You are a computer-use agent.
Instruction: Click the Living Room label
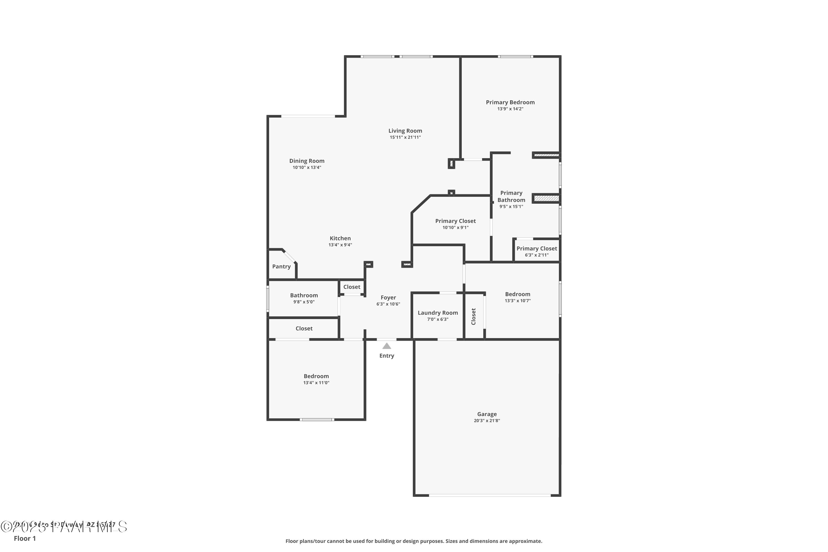[405, 131]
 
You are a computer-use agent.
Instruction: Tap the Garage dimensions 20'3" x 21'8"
[487, 421]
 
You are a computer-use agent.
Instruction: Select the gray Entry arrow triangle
[387, 346]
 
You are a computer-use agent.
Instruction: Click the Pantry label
[281, 267]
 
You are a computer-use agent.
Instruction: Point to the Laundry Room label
[437, 313]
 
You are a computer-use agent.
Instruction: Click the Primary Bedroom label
[510, 102]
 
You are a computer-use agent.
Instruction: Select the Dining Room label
[307, 161]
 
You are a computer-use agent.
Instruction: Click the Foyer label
[388, 298]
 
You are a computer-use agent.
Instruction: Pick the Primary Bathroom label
[511, 197]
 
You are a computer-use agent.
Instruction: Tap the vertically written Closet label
[474, 317]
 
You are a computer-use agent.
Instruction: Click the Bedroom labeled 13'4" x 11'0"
[316, 379]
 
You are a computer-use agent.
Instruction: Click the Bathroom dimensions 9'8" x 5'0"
[304, 302]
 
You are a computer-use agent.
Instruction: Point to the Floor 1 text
[25, 538]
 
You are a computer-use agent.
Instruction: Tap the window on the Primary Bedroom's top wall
[515, 56]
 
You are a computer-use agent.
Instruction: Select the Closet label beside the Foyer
[352, 287]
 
